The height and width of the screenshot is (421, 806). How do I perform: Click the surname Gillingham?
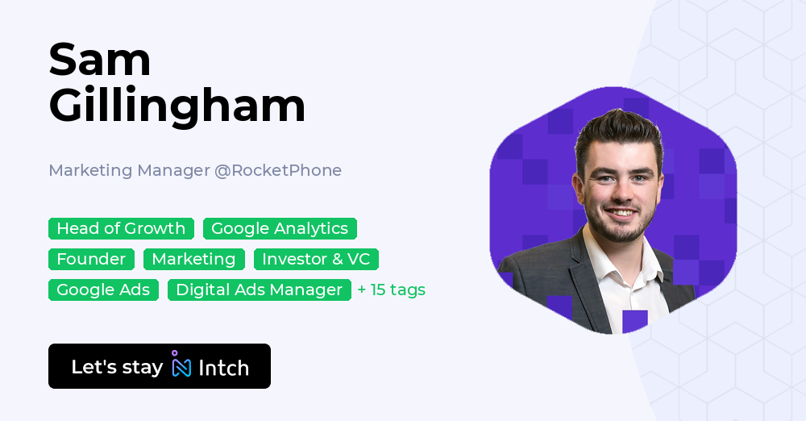click(177, 106)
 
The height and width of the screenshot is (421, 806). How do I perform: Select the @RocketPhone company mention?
click(278, 170)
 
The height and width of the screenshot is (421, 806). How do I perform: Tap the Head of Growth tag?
click(121, 228)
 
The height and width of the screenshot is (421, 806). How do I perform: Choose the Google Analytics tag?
click(280, 228)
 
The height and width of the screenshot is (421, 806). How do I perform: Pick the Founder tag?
click(91, 259)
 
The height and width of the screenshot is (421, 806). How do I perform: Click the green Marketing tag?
click(193, 259)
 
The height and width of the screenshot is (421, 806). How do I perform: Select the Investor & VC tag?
click(316, 259)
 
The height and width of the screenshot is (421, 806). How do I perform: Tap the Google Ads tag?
click(103, 290)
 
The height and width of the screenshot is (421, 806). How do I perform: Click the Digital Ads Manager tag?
click(259, 290)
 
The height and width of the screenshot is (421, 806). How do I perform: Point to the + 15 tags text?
click(391, 290)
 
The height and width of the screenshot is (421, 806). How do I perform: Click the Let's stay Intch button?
click(160, 366)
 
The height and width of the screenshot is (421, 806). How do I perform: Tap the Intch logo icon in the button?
click(181, 366)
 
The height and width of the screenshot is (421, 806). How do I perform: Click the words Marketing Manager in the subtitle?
click(129, 170)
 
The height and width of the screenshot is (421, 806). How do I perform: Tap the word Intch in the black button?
click(223, 368)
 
